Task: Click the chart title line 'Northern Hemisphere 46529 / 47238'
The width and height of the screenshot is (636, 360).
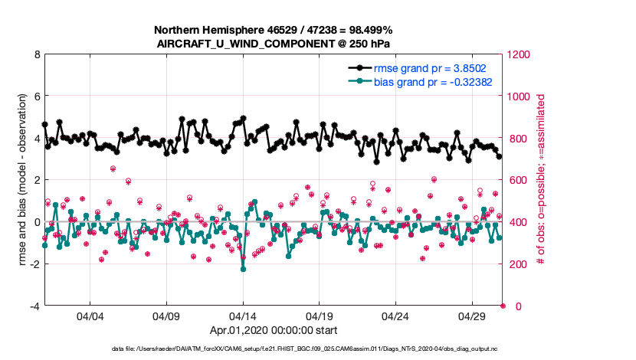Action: point(274,30)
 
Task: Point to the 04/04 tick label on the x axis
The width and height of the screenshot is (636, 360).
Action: point(90,316)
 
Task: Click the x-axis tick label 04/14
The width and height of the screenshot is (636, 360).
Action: point(243,316)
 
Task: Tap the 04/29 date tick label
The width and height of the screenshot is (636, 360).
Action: point(473,316)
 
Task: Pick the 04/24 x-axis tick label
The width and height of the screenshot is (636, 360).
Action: point(396,316)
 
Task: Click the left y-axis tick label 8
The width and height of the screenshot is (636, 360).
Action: point(36,55)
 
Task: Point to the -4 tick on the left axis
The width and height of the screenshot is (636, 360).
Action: point(34,306)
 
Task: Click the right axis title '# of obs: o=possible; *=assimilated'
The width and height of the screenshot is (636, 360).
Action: point(540,181)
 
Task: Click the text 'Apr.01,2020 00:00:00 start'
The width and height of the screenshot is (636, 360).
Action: point(274,331)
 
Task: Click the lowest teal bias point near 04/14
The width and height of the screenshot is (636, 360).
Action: point(243,269)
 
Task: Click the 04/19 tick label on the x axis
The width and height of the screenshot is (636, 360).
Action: point(320,316)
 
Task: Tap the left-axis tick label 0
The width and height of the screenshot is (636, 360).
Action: point(36,222)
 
